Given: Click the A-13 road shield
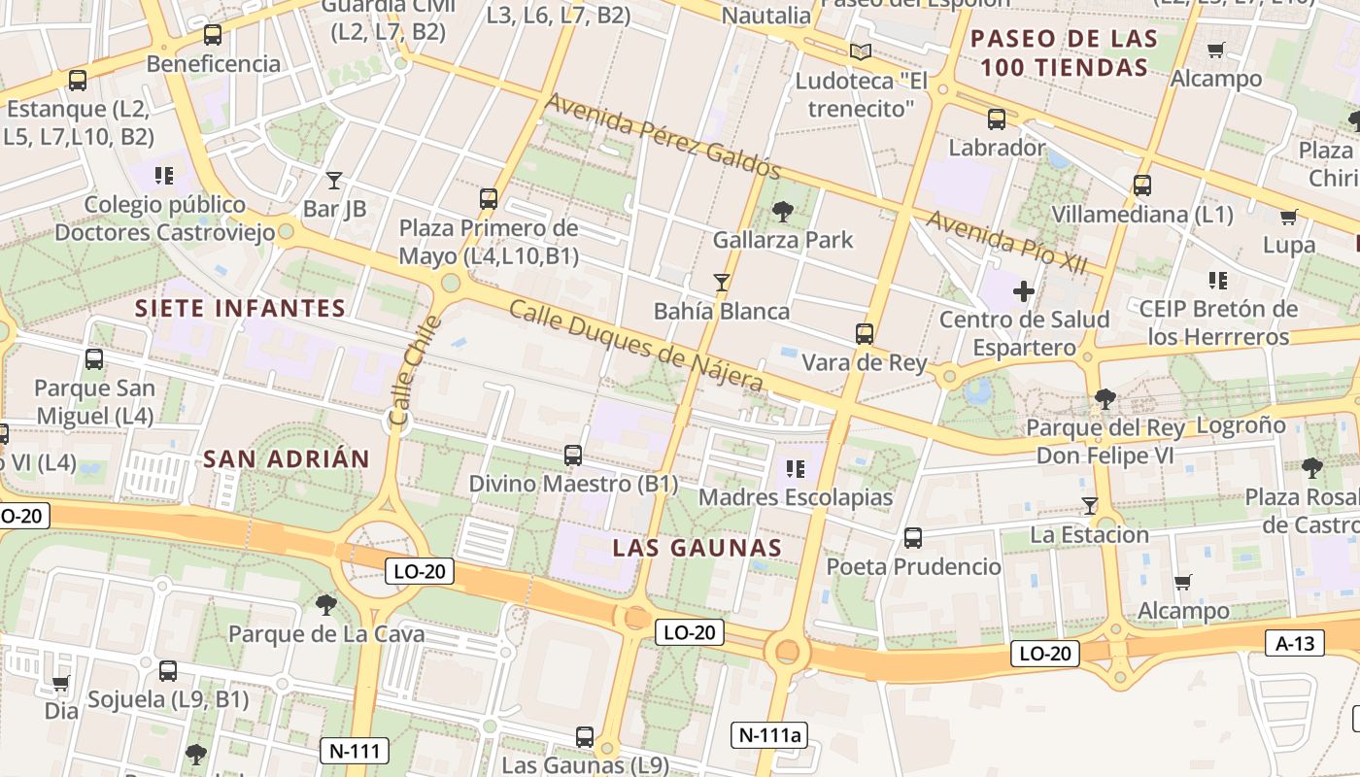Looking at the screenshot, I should tap(1295, 643).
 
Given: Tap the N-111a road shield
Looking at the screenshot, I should tap(769, 735).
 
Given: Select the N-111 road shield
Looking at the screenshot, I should tap(355, 750).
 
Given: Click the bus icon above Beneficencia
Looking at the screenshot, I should tap(212, 36).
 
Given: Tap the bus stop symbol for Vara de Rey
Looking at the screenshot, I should tap(864, 334).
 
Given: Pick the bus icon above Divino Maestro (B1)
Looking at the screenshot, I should tap(572, 455).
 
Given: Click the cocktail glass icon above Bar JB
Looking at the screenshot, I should tap(334, 180).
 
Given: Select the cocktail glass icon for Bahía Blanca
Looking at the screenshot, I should tap(721, 283).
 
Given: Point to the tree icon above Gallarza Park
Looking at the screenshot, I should tap(782, 211).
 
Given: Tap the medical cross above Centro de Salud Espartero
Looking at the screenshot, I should tap(1023, 290).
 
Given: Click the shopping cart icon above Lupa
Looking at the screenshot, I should tap(1288, 217).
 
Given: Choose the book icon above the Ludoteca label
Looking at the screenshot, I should tap(860, 51).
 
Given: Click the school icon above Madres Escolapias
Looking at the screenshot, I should tap(796, 470).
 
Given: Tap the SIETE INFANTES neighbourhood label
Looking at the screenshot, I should tap(240, 309).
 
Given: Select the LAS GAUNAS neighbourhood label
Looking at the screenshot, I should tap(697, 548).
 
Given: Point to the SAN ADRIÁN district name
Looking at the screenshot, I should tap(287, 459).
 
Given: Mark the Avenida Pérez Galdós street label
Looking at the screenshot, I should tap(663, 136).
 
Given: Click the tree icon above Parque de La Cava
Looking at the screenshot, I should tap(325, 605).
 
